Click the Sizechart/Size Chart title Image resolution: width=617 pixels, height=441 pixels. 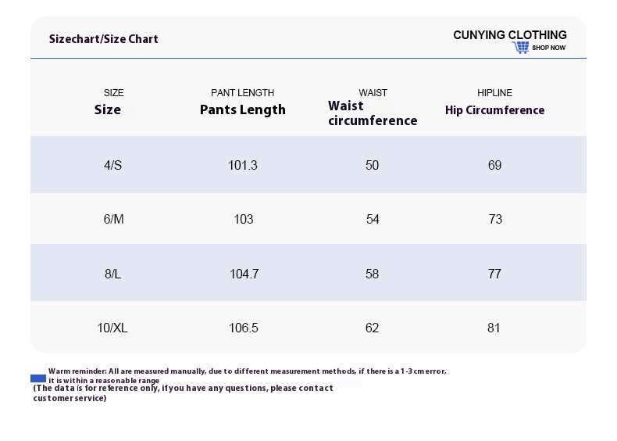click(x=104, y=39)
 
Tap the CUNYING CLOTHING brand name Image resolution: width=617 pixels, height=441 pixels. click(x=510, y=35)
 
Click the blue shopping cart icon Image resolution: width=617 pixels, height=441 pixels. click(x=521, y=47)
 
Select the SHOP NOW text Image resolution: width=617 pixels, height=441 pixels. click(x=548, y=48)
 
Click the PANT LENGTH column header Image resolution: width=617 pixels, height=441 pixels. click(x=242, y=92)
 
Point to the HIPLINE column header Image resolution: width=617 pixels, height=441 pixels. click(x=494, y=92)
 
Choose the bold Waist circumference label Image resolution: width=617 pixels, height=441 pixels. click(x=373, y=113)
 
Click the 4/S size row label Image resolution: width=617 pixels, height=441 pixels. click(x=113, y=165)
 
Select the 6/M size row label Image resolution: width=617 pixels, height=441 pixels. click(x=114, y=219)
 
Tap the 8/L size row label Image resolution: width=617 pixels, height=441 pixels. click(x=113, y=274)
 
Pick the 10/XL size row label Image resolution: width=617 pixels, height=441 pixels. click(x=112, y=328)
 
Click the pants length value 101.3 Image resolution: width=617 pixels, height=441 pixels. click(x=243, y=165)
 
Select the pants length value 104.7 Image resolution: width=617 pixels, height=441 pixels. click(x=244, y=274)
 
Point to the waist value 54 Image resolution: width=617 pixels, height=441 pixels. click(x=373, y=219)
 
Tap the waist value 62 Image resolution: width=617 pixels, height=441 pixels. click(x=372, y=328)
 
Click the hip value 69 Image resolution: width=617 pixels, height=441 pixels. click(x=494, y=165)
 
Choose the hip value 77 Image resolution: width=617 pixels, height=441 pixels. click(x=494, y=274)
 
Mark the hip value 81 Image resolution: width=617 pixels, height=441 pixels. click(x=494, y=328)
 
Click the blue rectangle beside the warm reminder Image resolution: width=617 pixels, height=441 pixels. click(x=38, y=378)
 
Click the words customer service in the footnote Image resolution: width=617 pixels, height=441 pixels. click(x=70, y=398)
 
